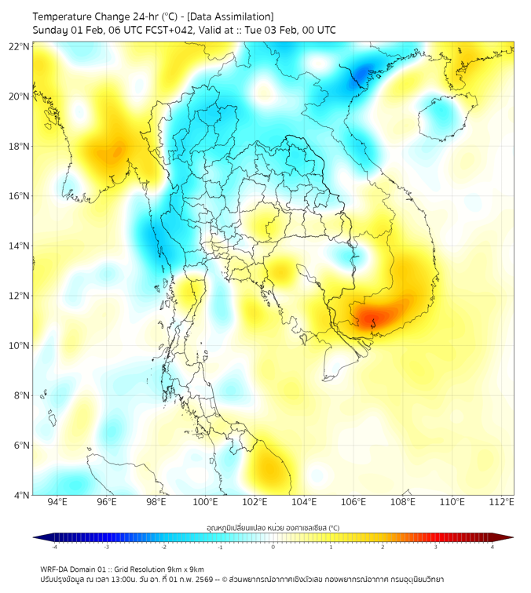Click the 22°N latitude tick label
20,46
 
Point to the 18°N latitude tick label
20,147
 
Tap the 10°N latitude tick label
20,346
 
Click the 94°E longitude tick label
57,503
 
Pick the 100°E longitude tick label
206,503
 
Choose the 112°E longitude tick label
502,503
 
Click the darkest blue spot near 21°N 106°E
362,75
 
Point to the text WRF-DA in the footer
54,569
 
